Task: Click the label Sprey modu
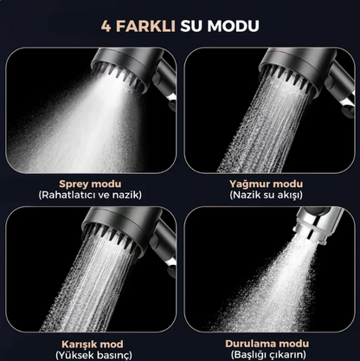(x=91, y=184)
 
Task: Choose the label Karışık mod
(x=91, y=343)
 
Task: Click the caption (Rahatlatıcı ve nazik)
(x=91, y=195)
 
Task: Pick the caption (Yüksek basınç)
(x=91, y=354)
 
